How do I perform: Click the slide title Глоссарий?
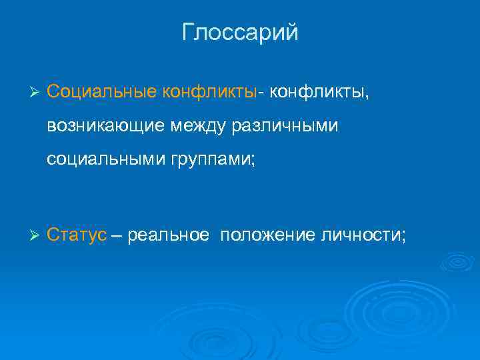click(240, 33)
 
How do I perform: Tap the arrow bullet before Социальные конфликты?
click(37, 91)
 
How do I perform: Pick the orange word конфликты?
click(209, 90)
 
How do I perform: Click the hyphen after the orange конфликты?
click(262, 91)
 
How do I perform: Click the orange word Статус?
click(77, 235)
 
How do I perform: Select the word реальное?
click(168, 235)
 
